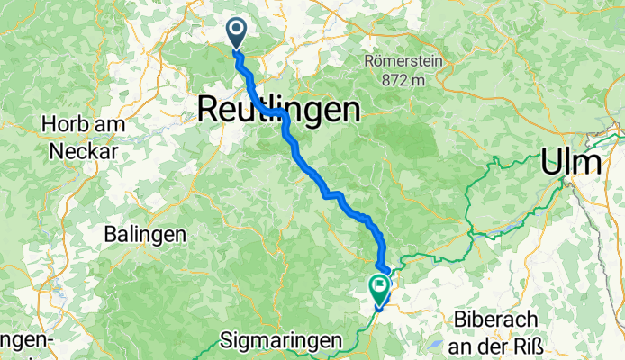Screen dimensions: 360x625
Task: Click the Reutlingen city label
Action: pos(278,110)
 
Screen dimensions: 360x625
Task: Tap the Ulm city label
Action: pos(571,163)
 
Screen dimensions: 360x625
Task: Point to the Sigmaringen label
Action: pos(282,340)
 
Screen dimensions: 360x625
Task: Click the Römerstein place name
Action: pos(403,62)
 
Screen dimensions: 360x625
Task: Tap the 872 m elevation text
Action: pos(403,80)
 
